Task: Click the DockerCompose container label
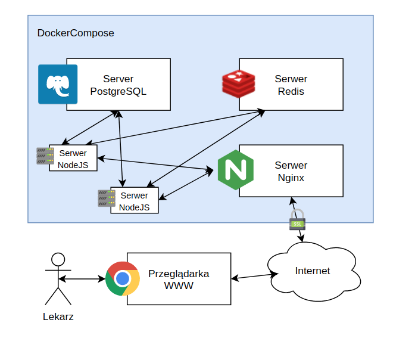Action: (76, 33)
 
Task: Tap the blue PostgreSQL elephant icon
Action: (58, 84)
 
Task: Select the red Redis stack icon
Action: (239, 83)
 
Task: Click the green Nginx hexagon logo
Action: (236, 170)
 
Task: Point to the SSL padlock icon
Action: (297, 219)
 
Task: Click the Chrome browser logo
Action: (123, 279)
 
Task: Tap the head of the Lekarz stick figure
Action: (58, 259)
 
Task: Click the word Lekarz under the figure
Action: (58, 317)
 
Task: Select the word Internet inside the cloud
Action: (313, 271)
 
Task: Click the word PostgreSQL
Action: (118, 91)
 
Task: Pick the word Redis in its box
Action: (291, 91)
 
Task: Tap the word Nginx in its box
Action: (291, 178)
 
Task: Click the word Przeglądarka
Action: (179, 274)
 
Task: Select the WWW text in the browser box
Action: (179, 286)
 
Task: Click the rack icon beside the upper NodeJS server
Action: (45, 156)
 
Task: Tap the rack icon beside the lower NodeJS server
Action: (107, 198)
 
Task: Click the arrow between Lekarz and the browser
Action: (82, 279)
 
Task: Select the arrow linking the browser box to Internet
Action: (254, 276)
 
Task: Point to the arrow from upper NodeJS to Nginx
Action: (155, 164)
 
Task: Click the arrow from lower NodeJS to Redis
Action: (206, 148)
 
